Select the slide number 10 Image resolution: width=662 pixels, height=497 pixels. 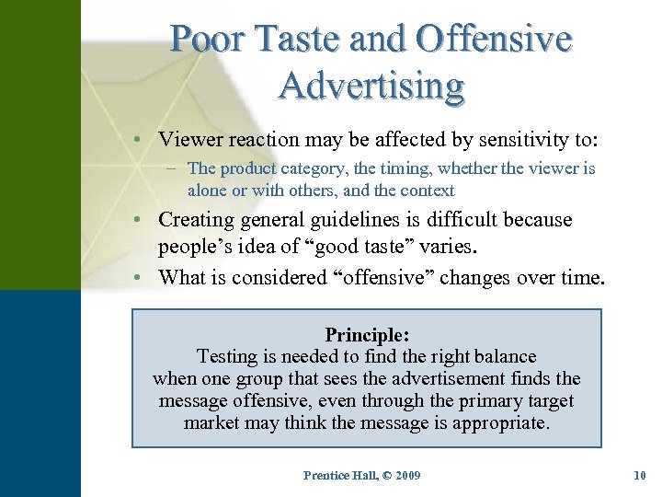pyautogui.click(x=641, y=476)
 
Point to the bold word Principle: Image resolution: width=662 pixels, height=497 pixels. pyautogui.click(x=368, y=335)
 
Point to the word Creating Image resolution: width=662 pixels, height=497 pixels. pyautogui.click(x=196, y=220)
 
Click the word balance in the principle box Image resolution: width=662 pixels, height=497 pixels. pyautogui.click(x=502, y=356)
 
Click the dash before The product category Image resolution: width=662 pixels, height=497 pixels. pyautogui.click(x=172, y=168)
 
